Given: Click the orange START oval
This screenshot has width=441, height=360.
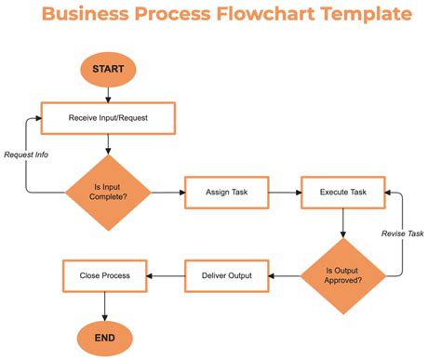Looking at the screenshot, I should point(108,69).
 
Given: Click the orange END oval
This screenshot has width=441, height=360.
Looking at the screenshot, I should point(104,337).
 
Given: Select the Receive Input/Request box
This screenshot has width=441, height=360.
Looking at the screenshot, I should point(108,118).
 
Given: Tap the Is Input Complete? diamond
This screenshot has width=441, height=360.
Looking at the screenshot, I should point(108,193).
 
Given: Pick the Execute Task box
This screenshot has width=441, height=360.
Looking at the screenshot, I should point(343,193).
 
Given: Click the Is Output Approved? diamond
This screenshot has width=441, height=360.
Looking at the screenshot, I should point(343,274).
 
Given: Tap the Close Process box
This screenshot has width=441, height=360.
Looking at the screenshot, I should point(104,274).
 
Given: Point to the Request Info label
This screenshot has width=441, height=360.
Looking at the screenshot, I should point(25,154).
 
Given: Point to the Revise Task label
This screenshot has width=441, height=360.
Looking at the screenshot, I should point(403,233).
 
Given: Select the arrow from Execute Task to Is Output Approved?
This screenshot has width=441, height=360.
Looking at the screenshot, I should point(343,223).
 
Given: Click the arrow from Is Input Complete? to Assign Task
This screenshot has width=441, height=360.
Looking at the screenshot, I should point(167,193).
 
